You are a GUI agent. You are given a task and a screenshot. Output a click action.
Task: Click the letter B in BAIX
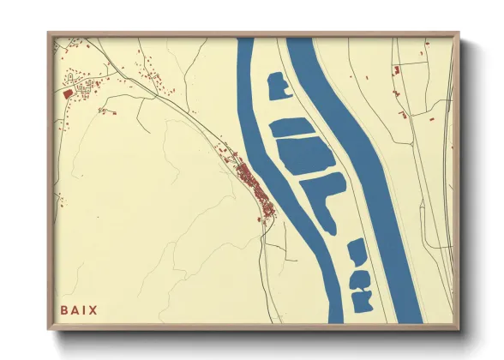tap(64, 309)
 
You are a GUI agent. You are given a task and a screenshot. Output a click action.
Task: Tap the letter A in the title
tap(75, 309)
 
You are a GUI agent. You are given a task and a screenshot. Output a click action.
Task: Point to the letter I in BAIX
tap(85, 309)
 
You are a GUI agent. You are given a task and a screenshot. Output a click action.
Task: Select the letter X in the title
tap(93, 309)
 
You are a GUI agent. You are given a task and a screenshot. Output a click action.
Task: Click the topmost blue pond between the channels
tap(278, 86)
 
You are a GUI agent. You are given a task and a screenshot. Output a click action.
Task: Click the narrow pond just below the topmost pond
tap(292, 128)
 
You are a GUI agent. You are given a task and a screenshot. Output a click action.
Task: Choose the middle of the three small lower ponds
tap(361, 279)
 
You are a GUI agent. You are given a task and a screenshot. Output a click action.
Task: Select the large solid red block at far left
tap(68, 93)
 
